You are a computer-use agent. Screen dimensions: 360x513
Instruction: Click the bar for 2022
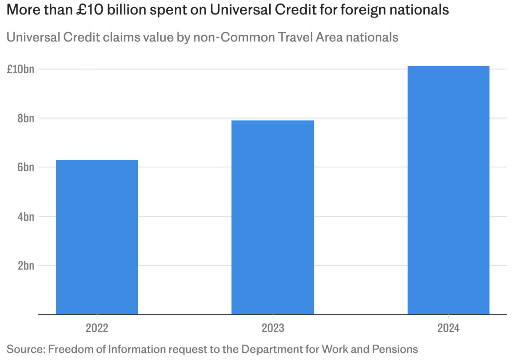(x=97, y=237)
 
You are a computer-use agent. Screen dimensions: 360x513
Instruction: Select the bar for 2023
(x=273, y=217)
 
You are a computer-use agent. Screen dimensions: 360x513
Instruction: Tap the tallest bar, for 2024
(x=448, y=190)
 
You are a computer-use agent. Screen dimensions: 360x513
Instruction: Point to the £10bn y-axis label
(x=20, y=69)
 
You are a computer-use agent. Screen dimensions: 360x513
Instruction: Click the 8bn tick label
(x=26, y=118)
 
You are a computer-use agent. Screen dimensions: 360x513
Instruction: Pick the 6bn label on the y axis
(x=26, y=167)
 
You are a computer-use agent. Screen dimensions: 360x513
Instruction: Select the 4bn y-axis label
(x=26, y=217)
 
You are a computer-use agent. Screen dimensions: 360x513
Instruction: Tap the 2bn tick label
(x=26, y=266)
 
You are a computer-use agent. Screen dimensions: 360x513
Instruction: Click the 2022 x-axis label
(x=97, y=329)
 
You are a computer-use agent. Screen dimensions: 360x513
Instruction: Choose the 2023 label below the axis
(x=273, y=329)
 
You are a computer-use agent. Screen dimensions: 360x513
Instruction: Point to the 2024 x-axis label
(x=448, y=329)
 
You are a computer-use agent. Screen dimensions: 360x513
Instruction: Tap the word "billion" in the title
(x=128, y=10)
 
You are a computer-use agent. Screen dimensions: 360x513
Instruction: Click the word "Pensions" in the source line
(x=395, y=349)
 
